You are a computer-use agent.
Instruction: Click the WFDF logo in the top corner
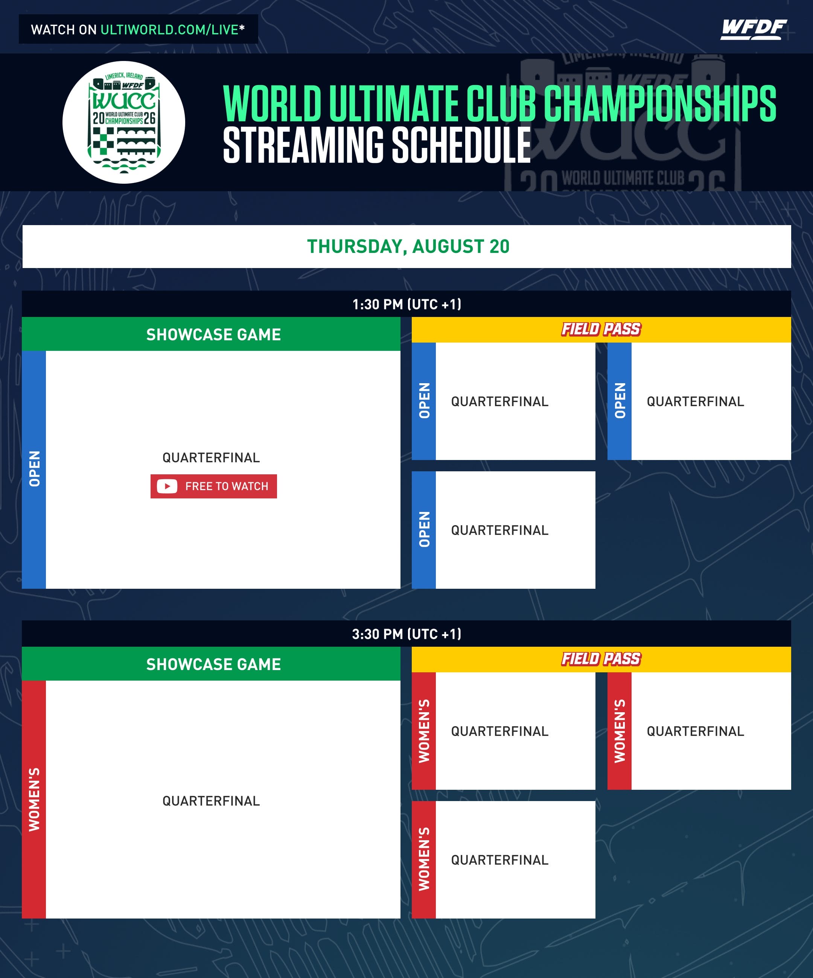point(754,30)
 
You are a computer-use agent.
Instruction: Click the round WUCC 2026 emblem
point(124,122)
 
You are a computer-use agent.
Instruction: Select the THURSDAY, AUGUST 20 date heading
point(408,246)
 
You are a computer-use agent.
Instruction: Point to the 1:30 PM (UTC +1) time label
point(406,304)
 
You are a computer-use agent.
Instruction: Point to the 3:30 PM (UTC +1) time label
point(406,634)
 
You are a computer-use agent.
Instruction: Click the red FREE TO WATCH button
point(214,486)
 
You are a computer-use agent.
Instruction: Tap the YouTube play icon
point(167,486)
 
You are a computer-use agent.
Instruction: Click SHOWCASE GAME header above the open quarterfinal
point(213,334)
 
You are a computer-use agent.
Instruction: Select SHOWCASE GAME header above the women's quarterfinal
point(213,664)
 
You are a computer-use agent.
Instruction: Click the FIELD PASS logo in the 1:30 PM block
point(601,329)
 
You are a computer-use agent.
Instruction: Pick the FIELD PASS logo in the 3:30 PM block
point(601,659)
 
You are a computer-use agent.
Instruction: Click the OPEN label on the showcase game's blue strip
point(34,469)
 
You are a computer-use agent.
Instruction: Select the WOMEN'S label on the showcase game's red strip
point(34,799)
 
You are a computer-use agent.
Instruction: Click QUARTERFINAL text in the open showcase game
point(211,458)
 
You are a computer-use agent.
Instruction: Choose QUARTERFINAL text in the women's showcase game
point(211,801)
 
